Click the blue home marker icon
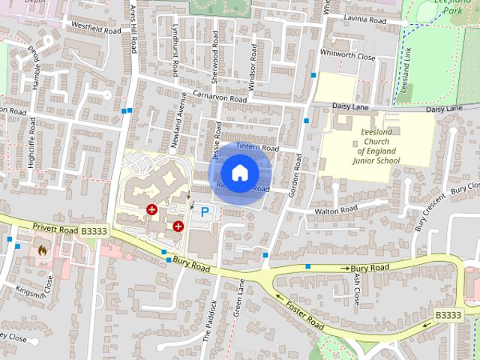[239, 173]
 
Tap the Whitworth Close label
[347, 55]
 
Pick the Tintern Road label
[257, 148]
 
